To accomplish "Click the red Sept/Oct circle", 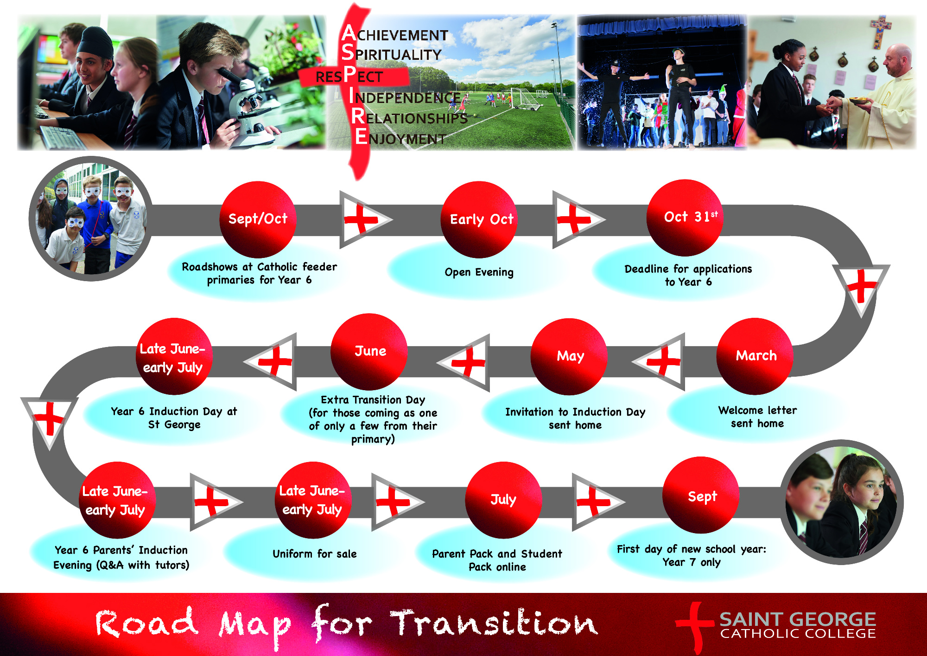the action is click(258, 219).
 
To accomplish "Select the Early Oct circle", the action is click(479, 219).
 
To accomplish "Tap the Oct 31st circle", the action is click(685, 218).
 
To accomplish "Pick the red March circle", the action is click(755, 356).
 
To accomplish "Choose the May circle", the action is click(569, 356).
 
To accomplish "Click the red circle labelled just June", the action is click(369, 352).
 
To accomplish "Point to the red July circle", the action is click(503, 500).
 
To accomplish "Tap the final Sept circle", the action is click(701, 495).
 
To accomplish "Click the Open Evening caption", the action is click(479, 272).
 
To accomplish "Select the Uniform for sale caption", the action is click(314, 553).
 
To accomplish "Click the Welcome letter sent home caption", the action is click(757, 417).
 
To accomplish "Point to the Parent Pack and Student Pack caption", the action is click(497, 560).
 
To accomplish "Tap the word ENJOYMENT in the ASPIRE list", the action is click(400, 137).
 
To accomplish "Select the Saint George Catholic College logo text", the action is click(798, 625).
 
